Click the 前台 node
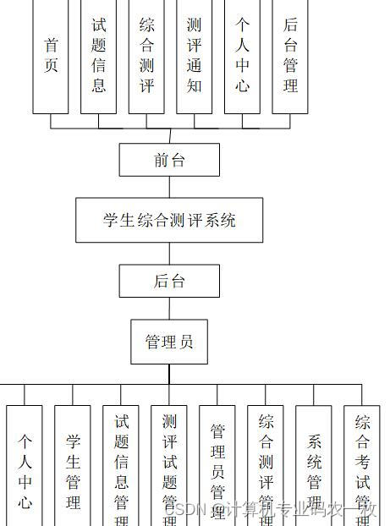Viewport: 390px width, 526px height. coord(169,160)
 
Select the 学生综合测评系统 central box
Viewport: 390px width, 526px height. coord(169,220)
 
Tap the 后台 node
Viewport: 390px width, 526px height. coord(169,281)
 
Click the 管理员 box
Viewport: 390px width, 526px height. coord(169,342)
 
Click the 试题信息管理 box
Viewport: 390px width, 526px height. coord(121,465)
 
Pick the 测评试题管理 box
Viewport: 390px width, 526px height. coord(169,465)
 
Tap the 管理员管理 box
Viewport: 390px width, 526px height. coord(217,465)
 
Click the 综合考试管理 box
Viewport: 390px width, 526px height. coord(362,465)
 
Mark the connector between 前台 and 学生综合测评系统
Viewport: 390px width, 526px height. coord(169,187)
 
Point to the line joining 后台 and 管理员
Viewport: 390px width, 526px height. coord(169,308)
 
